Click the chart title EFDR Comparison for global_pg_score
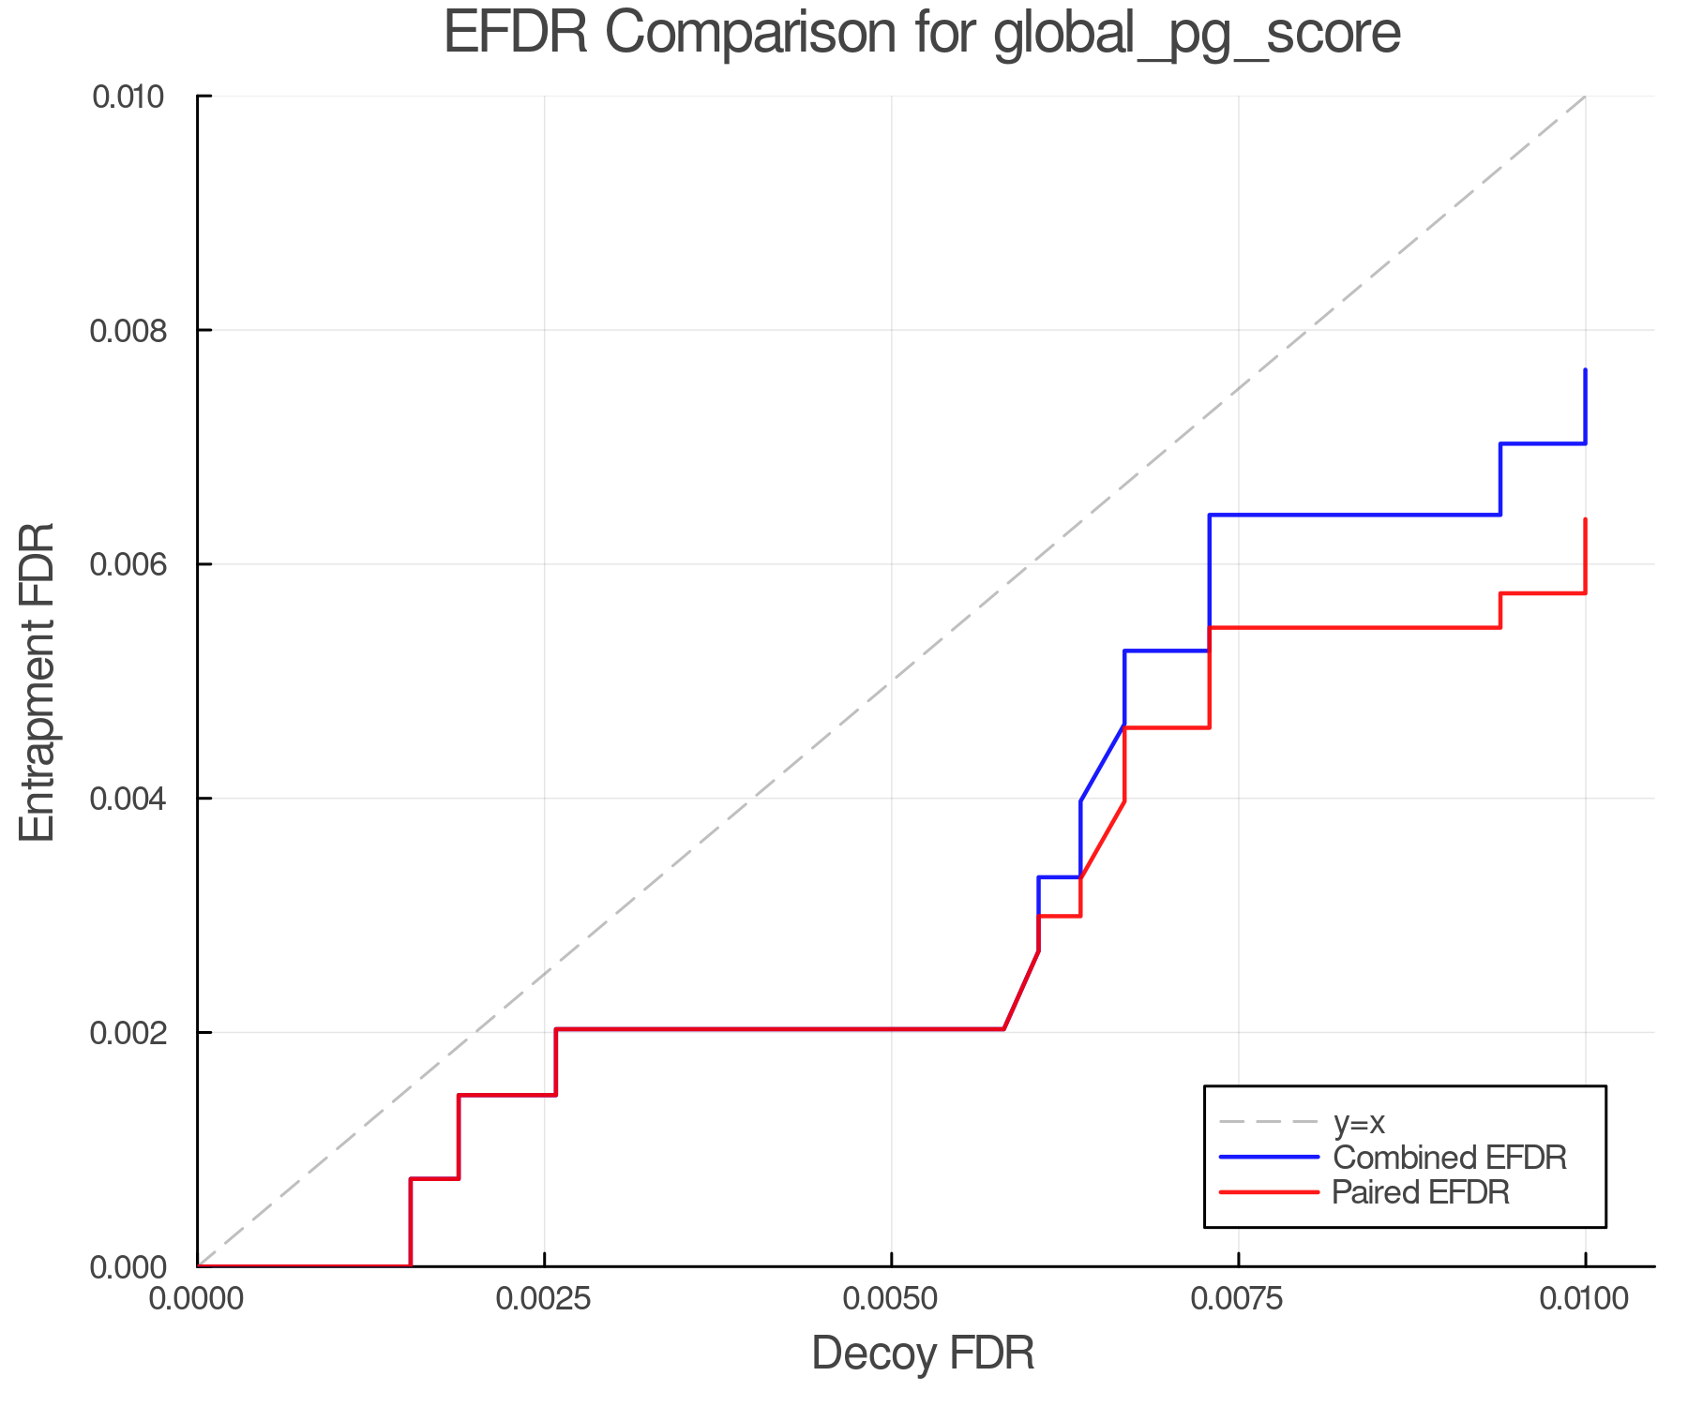coord(922,34)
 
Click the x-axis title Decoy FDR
coord(923,1354)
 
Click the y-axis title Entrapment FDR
coord(38,681)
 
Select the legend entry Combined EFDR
coord(1449,1158)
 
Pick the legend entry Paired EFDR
coord(1420,1192)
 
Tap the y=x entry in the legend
coord(1359,1122)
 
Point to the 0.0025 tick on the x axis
coord(544,1299)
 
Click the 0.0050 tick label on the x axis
coord(891,1299)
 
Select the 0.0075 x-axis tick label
coord(1238,1299)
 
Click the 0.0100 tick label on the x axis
coord(1585,1299)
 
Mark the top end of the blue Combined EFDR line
coord(1585,370)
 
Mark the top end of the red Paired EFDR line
coord(1585,519)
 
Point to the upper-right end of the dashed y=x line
coord(1585,97)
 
